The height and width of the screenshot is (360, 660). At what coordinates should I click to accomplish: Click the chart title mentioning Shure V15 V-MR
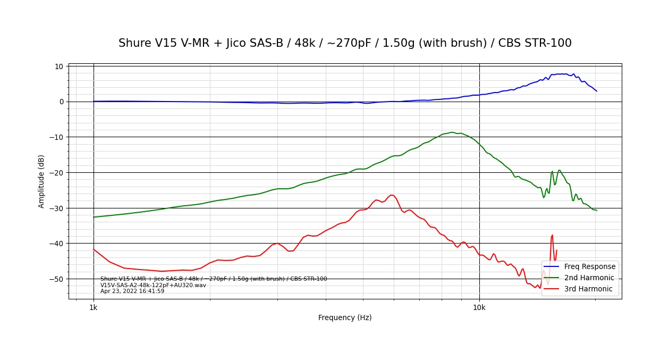pos(345,43)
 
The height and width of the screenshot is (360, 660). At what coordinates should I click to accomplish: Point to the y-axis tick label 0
pos(61,102)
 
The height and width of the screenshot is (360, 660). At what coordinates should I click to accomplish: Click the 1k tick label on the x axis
pos(94,307)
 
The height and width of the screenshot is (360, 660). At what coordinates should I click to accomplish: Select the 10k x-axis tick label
pos(479,307)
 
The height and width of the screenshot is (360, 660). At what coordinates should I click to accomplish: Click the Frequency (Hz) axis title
pos(345,318)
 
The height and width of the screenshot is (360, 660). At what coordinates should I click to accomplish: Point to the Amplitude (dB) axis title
pos(41,181)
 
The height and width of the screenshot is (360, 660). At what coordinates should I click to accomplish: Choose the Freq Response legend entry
pos(589,266)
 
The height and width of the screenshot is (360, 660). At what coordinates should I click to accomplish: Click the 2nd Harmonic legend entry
pos(589,278)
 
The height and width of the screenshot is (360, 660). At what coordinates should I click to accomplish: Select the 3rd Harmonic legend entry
pos(588,289)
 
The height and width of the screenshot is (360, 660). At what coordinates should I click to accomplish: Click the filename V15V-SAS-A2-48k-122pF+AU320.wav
pos(153,285)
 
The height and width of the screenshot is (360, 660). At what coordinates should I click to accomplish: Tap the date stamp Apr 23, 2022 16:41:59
pos(132,291)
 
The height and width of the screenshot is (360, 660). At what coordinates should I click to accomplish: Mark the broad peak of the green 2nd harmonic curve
pos(452,132)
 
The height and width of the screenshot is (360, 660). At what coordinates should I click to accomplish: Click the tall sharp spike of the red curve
pos(553,235)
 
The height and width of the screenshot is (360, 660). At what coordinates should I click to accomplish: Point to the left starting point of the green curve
pos(94,217)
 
